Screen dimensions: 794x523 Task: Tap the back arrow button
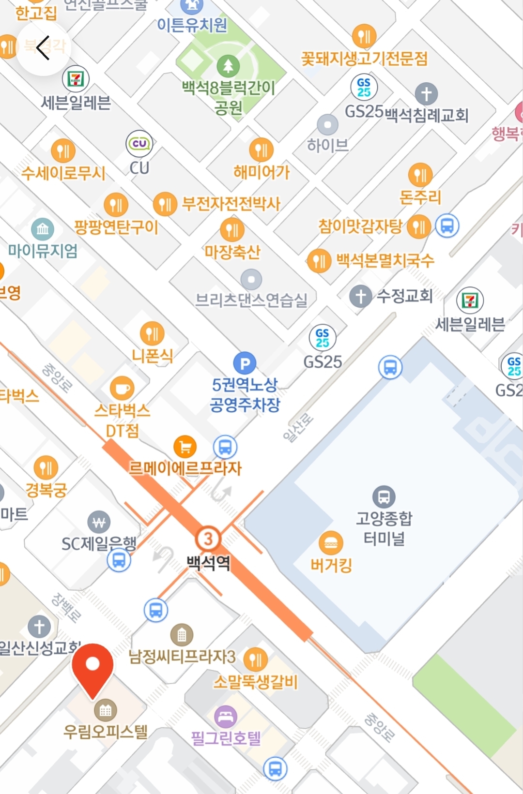(x=43, y=48)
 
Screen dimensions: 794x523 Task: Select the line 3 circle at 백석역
(x=208, y=539)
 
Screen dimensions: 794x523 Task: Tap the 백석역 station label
(x=209, y=562)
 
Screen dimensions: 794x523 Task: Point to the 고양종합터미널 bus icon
(x=384, y=496)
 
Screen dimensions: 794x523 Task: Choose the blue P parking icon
(x=245, y=363)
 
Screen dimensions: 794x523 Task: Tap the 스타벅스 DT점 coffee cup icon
(x=122, y=388)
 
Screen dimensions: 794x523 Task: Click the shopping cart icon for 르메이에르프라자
(x=185, y=446)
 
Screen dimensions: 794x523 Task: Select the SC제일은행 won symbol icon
(x=99, y=523)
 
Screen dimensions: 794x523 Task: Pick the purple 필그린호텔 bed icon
(x=226, y=717)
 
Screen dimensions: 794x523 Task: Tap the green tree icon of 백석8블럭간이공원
(x=228, y=65)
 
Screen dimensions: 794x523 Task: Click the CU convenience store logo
(x=139, y=143)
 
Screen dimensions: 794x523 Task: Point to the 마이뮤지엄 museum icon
(x=43, y=228)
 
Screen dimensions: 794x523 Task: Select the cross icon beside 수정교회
(x=361, y=296)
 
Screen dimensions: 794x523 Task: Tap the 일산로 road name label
(x=298, y=428)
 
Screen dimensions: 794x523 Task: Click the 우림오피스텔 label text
(x=106, y=731)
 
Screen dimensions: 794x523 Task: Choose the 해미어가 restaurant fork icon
(x=261, y=150)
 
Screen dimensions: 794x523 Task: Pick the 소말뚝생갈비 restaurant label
(x=256, y=682)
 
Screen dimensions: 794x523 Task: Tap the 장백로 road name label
(x=66, y=607)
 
